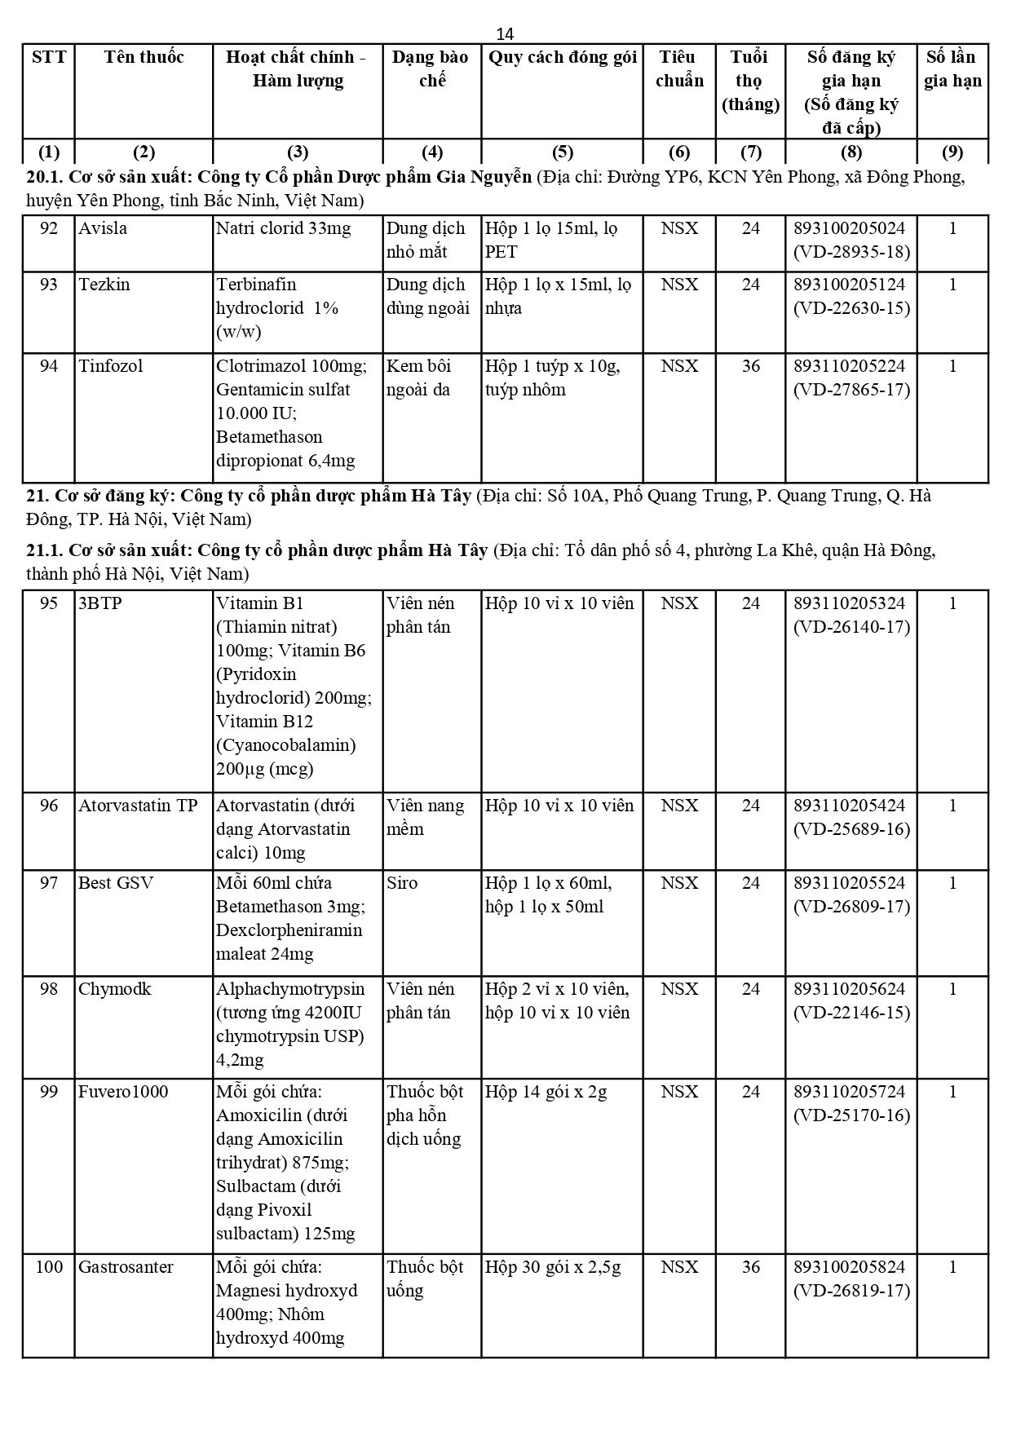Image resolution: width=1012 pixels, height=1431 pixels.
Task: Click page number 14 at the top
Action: (505, 33)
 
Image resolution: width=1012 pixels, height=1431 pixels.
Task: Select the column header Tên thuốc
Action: (144, 57)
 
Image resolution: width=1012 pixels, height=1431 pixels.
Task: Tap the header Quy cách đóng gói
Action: (562, 57)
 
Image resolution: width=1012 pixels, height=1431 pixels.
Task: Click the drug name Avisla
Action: (103, 228)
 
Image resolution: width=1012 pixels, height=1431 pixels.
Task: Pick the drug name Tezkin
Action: (104, 285)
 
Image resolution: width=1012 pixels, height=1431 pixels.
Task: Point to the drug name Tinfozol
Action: (110, 366)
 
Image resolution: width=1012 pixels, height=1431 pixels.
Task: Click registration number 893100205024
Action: (851, 228)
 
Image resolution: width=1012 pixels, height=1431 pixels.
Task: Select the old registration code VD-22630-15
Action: (851, 308)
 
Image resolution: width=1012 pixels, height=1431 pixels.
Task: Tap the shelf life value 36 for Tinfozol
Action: (750, 366)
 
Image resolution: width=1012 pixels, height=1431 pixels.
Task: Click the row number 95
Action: (49, 603)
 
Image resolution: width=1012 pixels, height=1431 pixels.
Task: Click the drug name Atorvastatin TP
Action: (138, 806)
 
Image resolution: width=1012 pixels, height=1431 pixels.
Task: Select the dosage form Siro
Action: (401, 883)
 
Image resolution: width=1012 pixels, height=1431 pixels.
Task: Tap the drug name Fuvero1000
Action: (123, 1092)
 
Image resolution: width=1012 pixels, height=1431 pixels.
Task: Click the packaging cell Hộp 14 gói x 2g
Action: (546, 1092)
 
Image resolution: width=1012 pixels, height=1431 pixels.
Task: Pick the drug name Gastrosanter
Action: (126, 1267)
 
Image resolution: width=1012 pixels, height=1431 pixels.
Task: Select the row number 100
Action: (49, 1267)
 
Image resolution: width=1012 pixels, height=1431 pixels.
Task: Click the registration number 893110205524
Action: (851, 883)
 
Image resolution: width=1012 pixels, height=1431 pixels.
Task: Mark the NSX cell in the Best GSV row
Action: (678, 883)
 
